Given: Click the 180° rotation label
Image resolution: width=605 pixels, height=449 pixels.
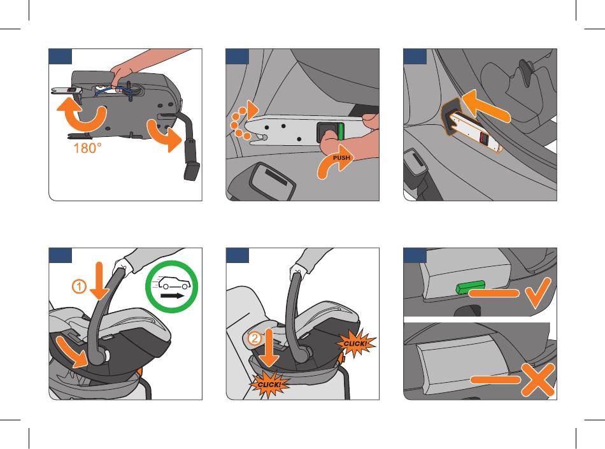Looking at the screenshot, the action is click(x=88, y=148).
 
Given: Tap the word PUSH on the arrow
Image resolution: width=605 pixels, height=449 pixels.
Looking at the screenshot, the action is click(x=341, y=158).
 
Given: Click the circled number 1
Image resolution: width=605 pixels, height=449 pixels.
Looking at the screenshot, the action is click(x=79, y=287).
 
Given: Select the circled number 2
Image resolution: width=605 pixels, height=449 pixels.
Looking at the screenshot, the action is click(x=254, y=338).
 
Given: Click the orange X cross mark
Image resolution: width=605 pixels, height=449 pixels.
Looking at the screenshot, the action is click(x=537, y=380).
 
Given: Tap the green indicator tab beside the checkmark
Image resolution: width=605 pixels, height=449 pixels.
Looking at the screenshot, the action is click(x=470, y=287).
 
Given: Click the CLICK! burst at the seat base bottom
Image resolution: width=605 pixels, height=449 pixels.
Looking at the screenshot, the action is click(x=269, y=385).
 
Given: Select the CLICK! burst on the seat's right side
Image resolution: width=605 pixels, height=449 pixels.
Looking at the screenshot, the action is click(x=356, y=343).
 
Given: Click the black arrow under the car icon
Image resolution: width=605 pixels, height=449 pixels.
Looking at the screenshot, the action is click(x=173, y=296).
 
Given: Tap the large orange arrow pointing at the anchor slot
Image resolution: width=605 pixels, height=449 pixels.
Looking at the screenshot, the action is click(x=486, y=106).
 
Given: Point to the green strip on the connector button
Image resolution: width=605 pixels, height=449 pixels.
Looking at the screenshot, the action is click(x=341, y=132).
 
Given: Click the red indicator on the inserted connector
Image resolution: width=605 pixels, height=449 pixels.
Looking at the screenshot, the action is click(x=483, y=138).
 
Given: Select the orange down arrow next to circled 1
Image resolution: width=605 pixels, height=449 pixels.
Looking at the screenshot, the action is click(x=99, y=281).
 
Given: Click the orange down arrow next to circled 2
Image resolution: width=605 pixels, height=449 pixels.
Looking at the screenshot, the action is click(x=269, y=347).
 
